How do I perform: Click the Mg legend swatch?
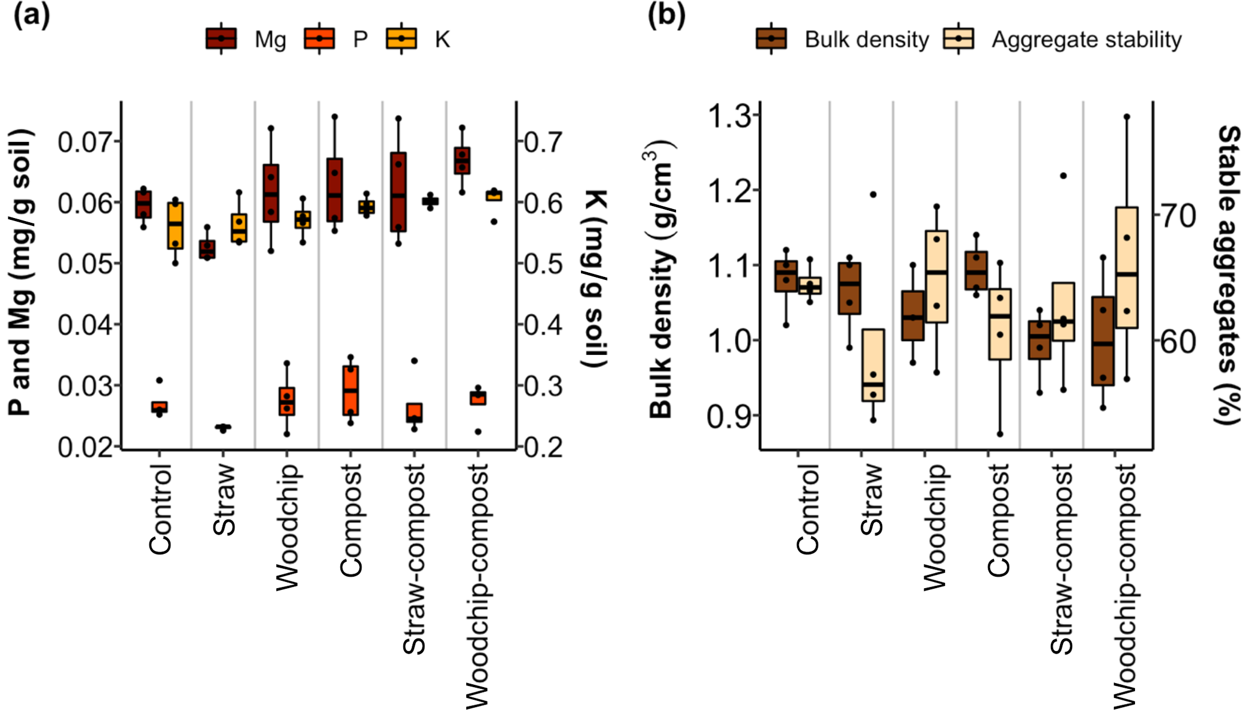coord(221,39)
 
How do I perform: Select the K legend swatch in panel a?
coord(401,39)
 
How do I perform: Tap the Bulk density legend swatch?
coord(772,39)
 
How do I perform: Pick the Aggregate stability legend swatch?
coord(958,39)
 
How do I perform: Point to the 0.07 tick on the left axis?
coord(84,142)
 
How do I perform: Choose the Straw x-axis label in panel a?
coord(224,500)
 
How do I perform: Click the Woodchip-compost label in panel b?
coord(1125,586)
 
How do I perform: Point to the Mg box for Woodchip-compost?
coord(462,160)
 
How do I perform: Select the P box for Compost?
coord(351,390)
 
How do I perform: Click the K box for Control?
coord(175,226)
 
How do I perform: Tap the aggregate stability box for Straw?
coord(873,365)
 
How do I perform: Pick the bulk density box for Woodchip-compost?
coord(1103,341)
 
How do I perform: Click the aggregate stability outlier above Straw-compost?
coord(1063,176)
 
